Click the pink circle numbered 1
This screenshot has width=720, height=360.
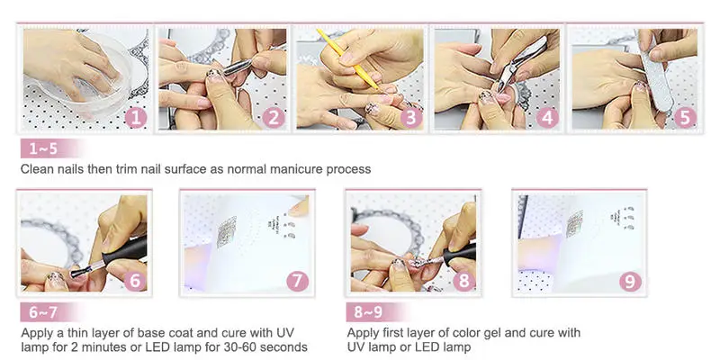[x=136, y=118]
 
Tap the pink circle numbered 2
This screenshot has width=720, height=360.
[x=274, y=118]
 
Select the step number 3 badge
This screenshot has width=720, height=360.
[x=411, y=118]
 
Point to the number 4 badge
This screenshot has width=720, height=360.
[x=547, y=118]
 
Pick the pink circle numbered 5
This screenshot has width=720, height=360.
[x=685, y=118]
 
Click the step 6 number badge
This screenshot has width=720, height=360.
[x=135, y=281]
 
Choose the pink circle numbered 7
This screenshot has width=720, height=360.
[x=298, y=281]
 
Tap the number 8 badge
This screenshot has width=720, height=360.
[x=464, y=281]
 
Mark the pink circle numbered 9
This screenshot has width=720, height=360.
[x=630, y=281]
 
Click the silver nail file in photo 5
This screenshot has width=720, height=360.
[x=656, y=73]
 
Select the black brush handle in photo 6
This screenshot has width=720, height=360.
[x=124, y=252]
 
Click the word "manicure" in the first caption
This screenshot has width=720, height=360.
[x=296, y=169]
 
